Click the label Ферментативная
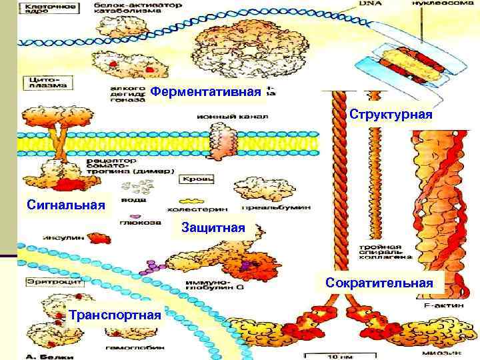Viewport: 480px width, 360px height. [x=205, y=91]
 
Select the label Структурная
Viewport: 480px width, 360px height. [x=391, y=115]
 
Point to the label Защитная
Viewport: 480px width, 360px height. [x=213, y=228]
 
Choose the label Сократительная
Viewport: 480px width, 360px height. [x=379, y=283]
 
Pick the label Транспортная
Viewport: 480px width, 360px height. [x=115, y=315]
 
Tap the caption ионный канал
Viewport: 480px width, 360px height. [x=232, y=116]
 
